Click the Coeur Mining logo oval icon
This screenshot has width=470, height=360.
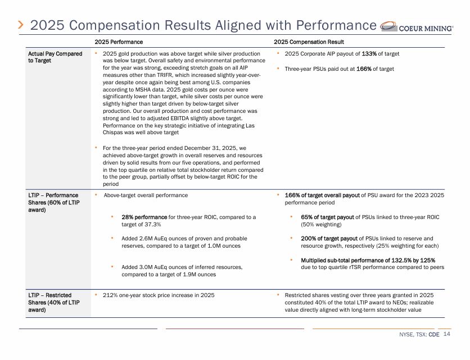click(x=389, y=26)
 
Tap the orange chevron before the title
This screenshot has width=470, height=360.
click(x=21, y=25)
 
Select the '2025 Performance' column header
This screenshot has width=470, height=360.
click(x=119, y=42)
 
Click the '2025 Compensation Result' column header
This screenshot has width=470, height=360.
click(x=309, y=42)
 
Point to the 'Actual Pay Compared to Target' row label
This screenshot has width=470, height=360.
click(x=55, y=57)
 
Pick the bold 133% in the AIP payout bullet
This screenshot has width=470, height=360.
click(x=369, y=54)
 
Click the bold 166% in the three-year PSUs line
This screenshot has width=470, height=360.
click(x=364, y=69)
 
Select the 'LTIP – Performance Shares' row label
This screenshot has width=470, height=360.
click(x=54, y=202)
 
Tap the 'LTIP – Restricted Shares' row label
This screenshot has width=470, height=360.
click(x=54, y=303)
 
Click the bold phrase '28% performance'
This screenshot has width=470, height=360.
click(x=144, y=217)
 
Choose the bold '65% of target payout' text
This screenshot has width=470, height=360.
click(x=327, y=217)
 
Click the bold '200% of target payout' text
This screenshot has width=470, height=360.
click(x=329, y=239)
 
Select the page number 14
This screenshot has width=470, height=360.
click(x=446, y=334)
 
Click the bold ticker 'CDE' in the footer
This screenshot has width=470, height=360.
click(x=433, y=335)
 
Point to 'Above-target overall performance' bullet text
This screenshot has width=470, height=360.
click(x=146, y=195)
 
